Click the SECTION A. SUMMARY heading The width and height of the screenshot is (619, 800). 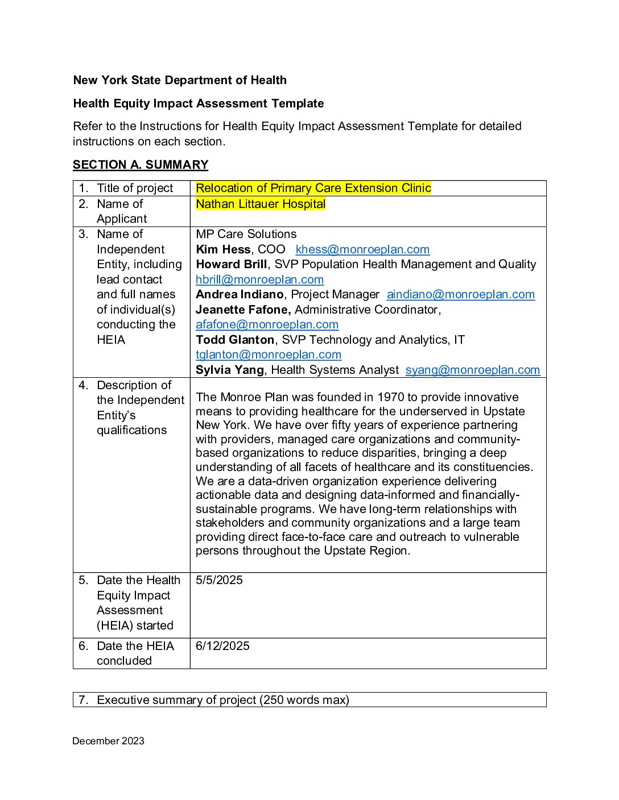(x=141, y=165)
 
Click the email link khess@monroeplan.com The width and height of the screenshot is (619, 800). (x=362, y=249)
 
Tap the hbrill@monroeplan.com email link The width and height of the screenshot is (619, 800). (x=259, y=280)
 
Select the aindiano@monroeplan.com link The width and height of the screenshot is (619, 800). (x=460, y=294)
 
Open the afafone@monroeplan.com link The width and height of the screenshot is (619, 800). (x=267, y=324)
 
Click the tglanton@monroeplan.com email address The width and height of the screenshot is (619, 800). (x=269, y=355)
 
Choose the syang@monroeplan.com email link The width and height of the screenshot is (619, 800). (x=472, y=370)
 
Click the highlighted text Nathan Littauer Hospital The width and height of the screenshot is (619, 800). (x=261, y=204)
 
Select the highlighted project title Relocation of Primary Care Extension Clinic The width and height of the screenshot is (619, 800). (x=313, y=188)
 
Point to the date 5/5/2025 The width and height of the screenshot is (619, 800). (x=219, y=580)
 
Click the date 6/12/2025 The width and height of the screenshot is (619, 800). (x=222, y=646)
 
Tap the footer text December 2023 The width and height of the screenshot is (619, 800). (x=108, y=741)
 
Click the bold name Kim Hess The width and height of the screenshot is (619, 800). (x=223, y=249)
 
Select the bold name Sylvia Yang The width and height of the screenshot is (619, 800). (x=230, y=370)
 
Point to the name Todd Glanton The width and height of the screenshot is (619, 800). (x=235, y=340)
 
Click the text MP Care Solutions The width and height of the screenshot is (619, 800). (x=246, y=234)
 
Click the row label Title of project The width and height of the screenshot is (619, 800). (x=135, y=188)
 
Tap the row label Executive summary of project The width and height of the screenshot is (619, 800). (x=223, y=700)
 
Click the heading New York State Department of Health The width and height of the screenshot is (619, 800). (x=180, y=80)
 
